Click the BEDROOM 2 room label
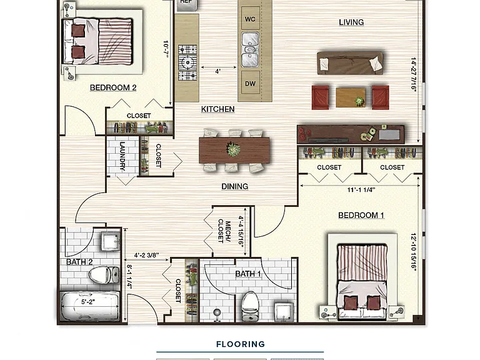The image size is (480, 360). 113,88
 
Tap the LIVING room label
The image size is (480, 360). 351,22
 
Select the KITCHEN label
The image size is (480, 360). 218,109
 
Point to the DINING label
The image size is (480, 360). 235,186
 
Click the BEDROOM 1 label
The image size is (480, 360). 361,216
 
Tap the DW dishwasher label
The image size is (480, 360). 250,84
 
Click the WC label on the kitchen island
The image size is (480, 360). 250,19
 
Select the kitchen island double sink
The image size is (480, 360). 250,49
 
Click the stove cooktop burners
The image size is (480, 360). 187,62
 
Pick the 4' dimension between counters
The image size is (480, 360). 217,71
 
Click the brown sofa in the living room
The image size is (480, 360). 350,62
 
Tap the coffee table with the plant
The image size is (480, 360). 351,97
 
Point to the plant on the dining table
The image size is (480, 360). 233,150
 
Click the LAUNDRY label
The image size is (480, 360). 122,156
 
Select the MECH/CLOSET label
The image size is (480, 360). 224,231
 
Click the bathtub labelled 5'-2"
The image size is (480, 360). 90,306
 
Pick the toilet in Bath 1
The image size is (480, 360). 250,306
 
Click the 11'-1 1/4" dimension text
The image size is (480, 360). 361,190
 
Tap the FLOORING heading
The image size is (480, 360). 241,344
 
